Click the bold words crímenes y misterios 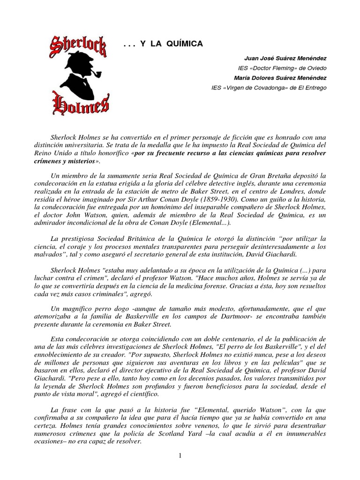(x=75, y=161)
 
